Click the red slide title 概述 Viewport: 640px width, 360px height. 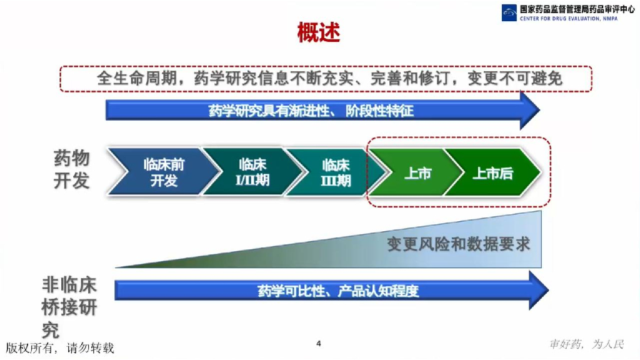[319, 32]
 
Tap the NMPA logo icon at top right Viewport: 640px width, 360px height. [509, 12]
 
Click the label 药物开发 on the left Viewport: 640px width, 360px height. [71, 169]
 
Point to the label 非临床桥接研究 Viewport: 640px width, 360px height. [69, 307]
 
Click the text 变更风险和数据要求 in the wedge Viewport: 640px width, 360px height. [458, 244]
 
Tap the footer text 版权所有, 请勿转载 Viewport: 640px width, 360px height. [60, 347]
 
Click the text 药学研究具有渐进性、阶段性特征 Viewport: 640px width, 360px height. [311, 111]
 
